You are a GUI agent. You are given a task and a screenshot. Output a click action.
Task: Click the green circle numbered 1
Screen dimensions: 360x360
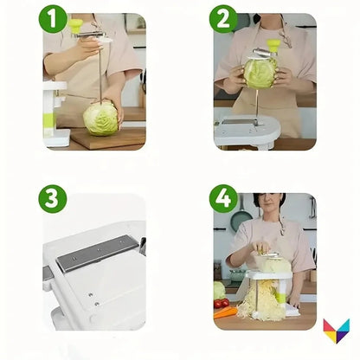point(53,19)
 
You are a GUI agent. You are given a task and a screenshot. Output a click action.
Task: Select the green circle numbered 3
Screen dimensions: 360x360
point(53,198)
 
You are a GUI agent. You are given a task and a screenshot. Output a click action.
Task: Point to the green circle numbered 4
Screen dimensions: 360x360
point(224,198)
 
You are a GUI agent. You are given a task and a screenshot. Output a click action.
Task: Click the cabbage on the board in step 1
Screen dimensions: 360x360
point(100,118)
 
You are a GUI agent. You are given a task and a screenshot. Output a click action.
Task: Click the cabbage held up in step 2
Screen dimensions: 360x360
point(260,73)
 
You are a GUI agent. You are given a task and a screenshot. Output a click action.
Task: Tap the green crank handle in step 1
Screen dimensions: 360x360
point(76,26)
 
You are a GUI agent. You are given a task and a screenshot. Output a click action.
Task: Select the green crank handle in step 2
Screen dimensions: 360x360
point(274,44)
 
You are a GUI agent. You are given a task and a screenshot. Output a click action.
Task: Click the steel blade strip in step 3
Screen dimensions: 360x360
point(96,253)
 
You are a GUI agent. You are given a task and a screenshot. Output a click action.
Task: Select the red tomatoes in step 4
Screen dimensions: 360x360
point(222,304)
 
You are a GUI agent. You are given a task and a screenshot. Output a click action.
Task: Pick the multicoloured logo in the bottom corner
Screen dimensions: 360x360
point(336,331)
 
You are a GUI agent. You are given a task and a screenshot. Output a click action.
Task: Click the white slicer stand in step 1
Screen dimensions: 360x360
point(55,112)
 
